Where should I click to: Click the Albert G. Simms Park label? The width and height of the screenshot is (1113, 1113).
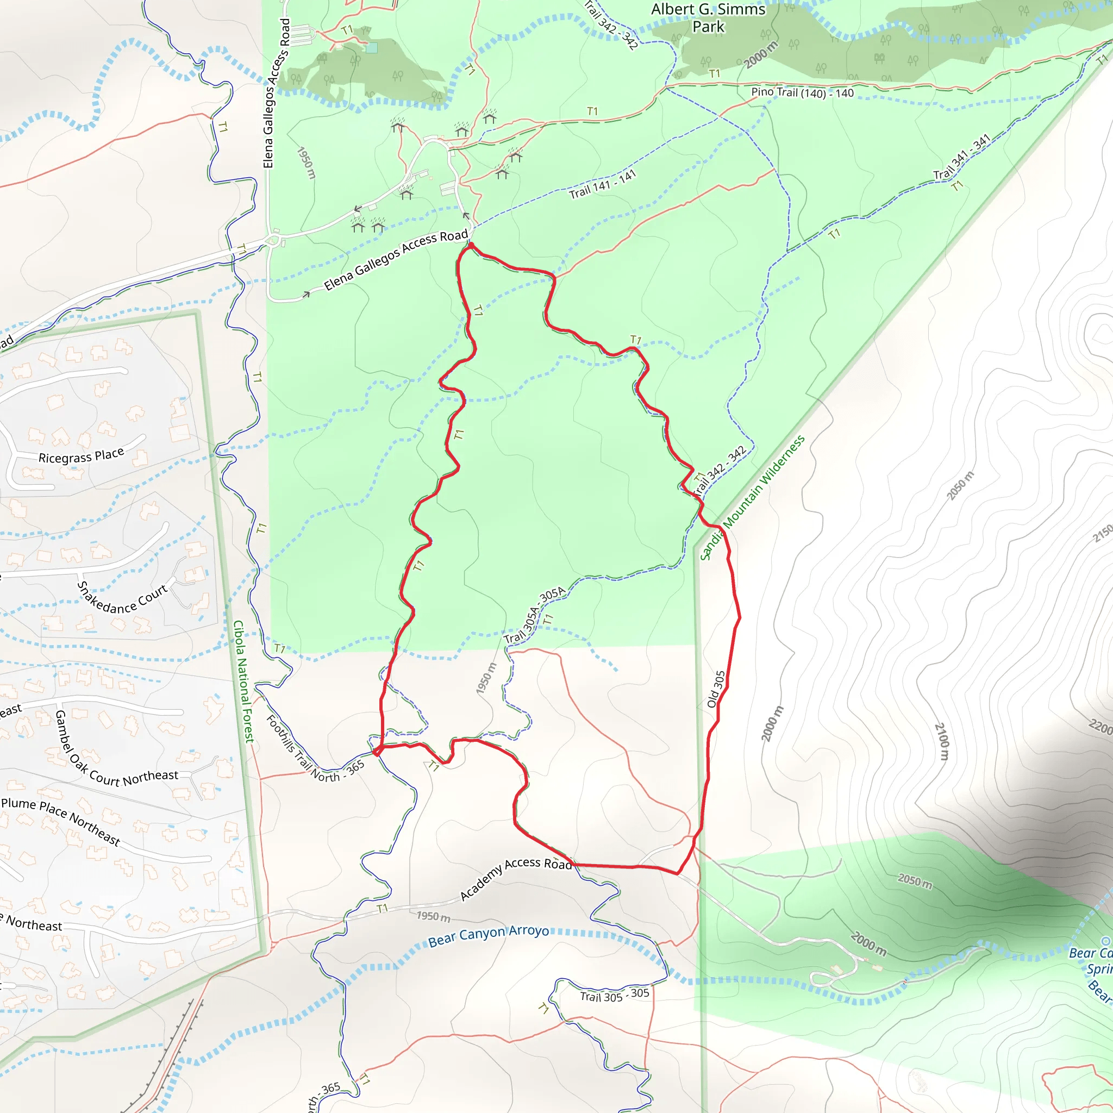point(708,18)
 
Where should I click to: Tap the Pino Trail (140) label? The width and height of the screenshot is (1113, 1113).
point(802,93)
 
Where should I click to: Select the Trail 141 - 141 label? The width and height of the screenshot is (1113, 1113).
point(603,185)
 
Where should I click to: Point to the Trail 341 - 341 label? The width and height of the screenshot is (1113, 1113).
point(961,157)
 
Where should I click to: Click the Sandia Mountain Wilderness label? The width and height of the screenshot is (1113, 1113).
point(752,498)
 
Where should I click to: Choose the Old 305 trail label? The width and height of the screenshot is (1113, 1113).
point(716,689)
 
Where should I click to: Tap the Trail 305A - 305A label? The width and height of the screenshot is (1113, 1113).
point(535,615)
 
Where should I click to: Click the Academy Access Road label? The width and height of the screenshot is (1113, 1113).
point(515,879)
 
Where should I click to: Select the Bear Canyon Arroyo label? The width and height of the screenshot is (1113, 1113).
point(488,936)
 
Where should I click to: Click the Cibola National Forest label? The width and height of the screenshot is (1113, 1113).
point(243,681)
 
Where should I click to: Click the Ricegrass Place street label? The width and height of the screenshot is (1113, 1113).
point(81,457)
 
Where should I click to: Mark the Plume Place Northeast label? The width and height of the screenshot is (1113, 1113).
point(60,822)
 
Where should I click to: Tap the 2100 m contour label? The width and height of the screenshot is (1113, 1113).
point(941,741)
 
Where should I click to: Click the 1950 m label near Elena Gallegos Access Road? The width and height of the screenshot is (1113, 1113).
point(307,162)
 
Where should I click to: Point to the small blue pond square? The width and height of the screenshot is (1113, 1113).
point(372,48)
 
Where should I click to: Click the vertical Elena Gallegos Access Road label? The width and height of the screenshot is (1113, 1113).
point(277,93)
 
